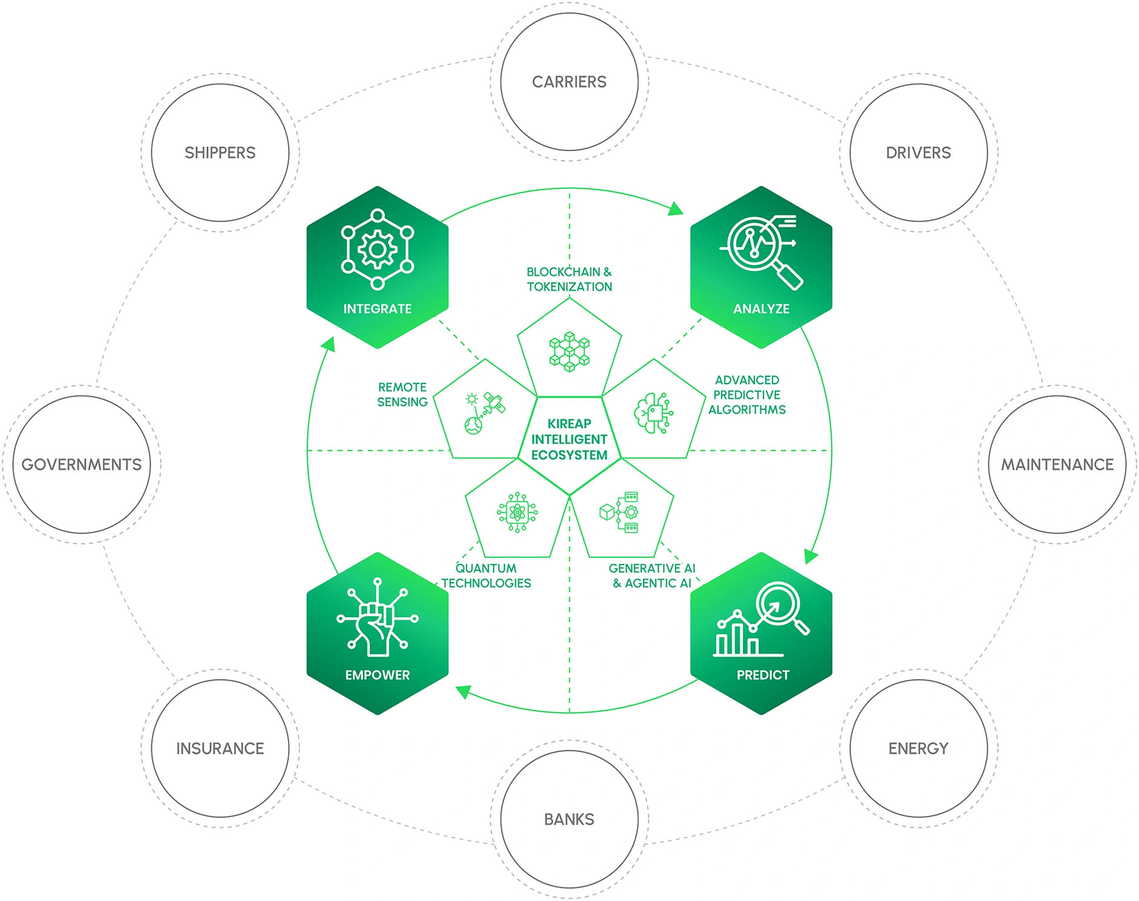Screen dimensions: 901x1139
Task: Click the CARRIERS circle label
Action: click(569, 82)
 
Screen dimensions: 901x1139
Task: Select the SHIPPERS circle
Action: click(220, 152)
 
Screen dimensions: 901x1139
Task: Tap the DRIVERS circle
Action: click(918, 152)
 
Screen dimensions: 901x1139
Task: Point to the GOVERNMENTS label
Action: click(82, 465)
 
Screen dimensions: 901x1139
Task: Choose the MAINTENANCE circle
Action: click(1057, 465)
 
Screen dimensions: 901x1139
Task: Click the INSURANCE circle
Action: click(220, 749)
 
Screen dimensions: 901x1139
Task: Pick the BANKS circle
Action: click(569, 819)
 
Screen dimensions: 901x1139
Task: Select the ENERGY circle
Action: click(918, 749)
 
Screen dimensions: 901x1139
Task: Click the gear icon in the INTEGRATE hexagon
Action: click(377, 249)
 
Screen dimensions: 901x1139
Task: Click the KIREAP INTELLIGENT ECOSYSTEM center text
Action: click(569, 439)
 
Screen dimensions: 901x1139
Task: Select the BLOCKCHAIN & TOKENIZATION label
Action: click(569, 280)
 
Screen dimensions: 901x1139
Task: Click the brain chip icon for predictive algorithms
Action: click(654, 413)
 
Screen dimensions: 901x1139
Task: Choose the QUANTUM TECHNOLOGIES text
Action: click(486, 575)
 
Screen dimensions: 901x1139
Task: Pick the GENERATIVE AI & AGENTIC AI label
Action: click(652, 575)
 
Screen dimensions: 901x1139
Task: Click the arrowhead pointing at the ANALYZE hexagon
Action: click(676, 209)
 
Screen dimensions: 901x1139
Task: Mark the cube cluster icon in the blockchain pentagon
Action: click(569, 351)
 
